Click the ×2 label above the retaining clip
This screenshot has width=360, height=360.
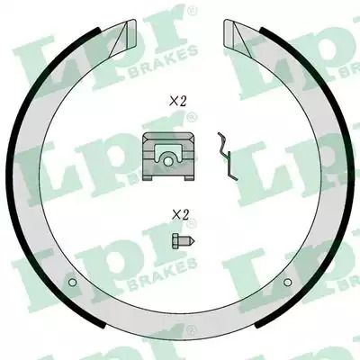click(178, 102)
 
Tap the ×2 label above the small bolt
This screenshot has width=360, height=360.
click(180, 214)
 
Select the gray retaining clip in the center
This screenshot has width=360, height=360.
click(168, 157)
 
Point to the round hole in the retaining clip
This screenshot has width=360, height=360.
click(168, 161)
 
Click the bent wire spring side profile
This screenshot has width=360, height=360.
click(227, 156)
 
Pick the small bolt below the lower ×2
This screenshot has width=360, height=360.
click(184, 241)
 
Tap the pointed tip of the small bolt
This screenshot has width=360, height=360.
click(194, 241)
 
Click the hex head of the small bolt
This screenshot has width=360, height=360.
click(175, 241)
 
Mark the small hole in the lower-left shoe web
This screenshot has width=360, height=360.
click(72, 283)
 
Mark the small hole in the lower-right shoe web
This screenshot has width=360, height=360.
click(287, 283)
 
